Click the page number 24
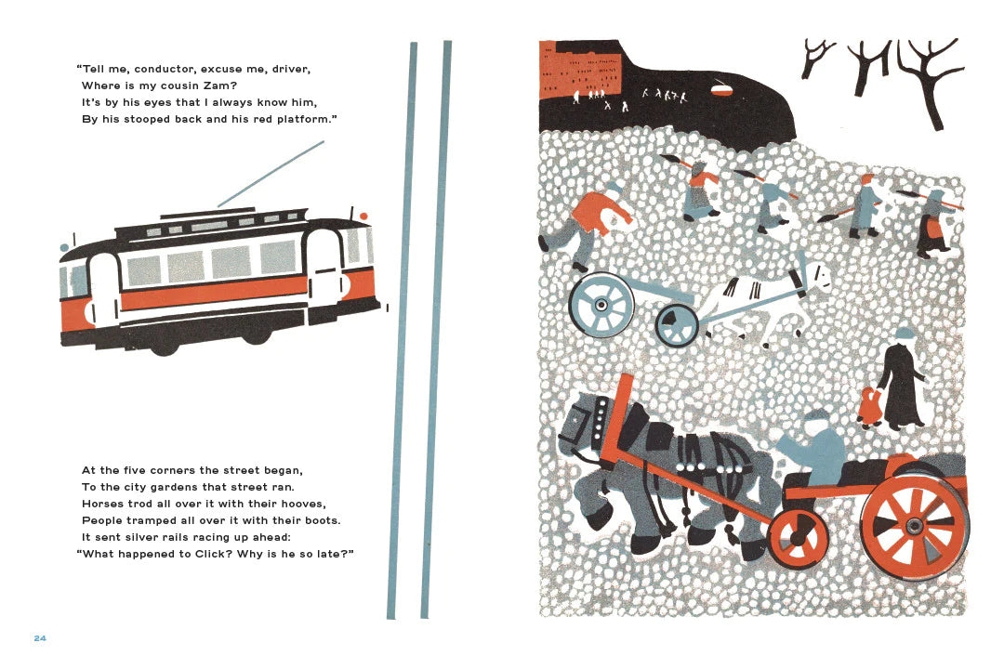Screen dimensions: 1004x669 (40, 638)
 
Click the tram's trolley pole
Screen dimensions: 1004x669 (271, 174)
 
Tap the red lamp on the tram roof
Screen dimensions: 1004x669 (363, 216)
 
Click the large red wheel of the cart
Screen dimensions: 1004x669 (915, 525)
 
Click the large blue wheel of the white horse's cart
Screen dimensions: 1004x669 (601, 305)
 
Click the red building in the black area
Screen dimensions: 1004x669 (580, 69)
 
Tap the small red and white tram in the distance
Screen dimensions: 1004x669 (724, 87)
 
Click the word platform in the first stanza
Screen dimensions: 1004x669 (305, 120)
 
